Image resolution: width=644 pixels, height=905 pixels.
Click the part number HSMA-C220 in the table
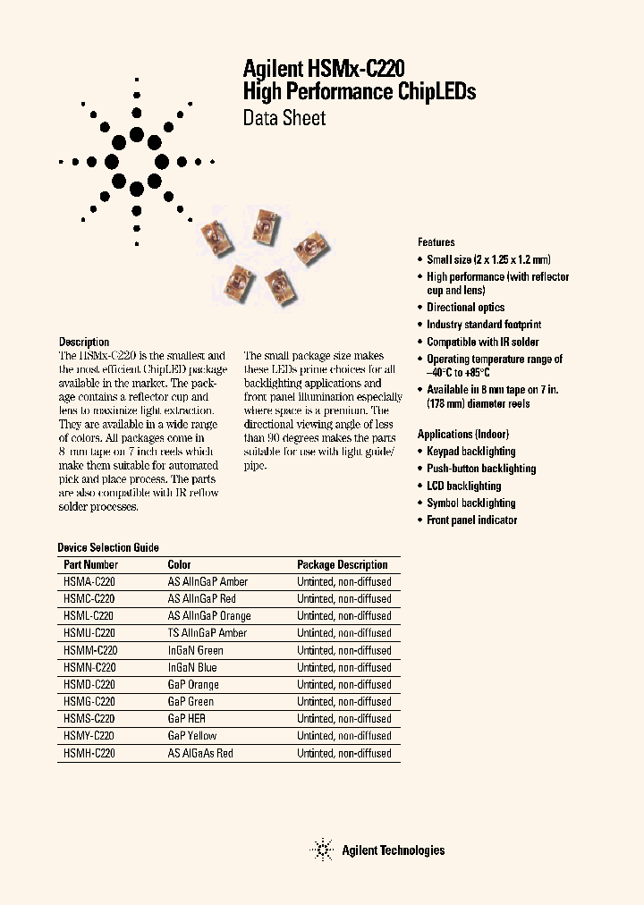pyautogui.click(x=89, y=581)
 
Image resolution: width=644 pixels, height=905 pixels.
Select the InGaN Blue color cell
pyautogui.click(x=192, y=667)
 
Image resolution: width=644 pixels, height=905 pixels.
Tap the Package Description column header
pyautogui.click(x=342, y=564)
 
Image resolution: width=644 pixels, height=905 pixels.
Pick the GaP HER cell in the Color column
pyautogui.click(x=186, y=719)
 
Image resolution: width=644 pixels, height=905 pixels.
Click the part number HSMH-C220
pyautogui.click(x=89, y=754)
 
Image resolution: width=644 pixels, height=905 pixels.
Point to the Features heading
pyautogui.click(x=436, y=242)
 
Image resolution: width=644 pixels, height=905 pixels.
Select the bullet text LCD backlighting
pyautogui.click(x=463, y=486)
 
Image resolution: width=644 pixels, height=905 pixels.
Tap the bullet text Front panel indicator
pyautogui.click(x=471, y=520)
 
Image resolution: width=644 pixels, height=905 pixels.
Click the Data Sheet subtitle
pyautogui.click(x=284, y=118)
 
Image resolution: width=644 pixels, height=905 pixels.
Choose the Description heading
pyautogui.click(x=84, y=342)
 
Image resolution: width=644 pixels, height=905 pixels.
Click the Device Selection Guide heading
pyautogui.click(x=108, y=547)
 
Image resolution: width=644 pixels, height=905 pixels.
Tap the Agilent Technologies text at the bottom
pyautogui.click(x=393, y=850)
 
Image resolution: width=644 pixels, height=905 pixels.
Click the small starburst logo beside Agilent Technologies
pyautogui.click(x=321, y=850)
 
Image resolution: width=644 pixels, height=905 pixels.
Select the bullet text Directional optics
pyautogui.click(x=465, y=308)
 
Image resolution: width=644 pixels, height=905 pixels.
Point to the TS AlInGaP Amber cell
pyautogui.click(x=208, y=633)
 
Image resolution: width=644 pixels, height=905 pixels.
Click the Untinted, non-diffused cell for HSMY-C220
pyautogui.click(x=344, y=736)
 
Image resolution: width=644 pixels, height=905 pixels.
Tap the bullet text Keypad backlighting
pyautogui.click(x=470, y=452)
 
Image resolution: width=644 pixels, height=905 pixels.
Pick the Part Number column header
pyautogui.click(x=90, y=564)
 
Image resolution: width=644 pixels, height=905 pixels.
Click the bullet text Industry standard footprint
pyautogui.click(x=484, y=325)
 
